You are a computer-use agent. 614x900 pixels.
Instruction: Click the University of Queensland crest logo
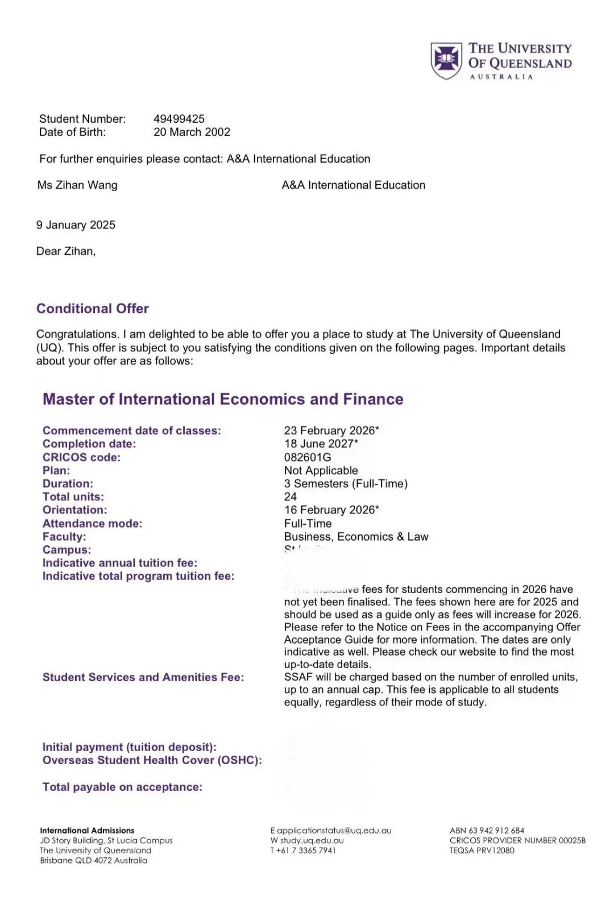coord(446,60)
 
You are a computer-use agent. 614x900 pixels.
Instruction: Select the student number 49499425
coord(179,119)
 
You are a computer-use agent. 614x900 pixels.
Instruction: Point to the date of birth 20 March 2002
coord(192,132)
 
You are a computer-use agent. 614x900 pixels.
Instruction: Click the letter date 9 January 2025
coord(76,225)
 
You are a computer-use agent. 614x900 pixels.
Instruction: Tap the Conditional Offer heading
coord(93,308)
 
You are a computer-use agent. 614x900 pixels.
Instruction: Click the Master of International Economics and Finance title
coord(223,399)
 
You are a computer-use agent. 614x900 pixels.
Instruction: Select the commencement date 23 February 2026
coord(331,430)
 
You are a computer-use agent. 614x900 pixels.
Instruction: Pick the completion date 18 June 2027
coord(321,443)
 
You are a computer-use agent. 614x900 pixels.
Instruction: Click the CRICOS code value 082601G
coord(308,457)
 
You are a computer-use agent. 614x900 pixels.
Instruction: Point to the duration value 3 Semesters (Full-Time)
coord(346,483)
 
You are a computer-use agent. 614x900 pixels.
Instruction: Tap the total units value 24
coord(291,496)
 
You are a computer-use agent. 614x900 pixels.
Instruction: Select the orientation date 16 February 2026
coord(331,509)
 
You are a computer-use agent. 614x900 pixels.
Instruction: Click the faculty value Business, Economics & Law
coord(356,536)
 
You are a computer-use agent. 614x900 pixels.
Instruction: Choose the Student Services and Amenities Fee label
coord(143,677)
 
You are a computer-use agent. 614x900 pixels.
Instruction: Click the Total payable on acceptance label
coord(122,787)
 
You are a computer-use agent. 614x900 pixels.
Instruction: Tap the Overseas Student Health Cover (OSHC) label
coord(152,760)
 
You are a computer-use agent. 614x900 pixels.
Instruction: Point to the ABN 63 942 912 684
coord(487,831)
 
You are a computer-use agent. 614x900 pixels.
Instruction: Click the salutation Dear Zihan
coord(66,251)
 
